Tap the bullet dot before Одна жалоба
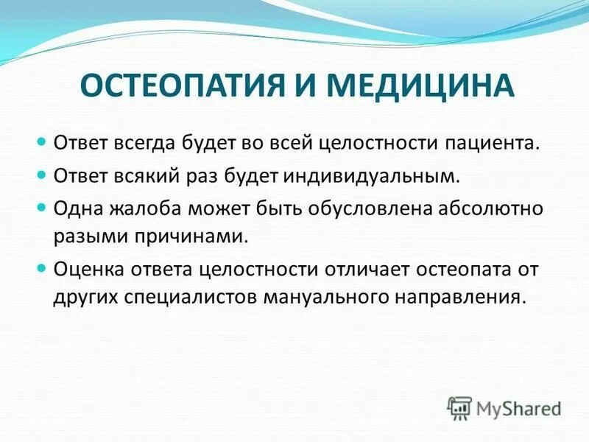coord(42,208)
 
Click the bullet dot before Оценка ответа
coord(42,268)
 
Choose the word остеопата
coord(469,269)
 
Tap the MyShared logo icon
coord(460,407)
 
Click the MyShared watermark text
coord(518,407)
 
